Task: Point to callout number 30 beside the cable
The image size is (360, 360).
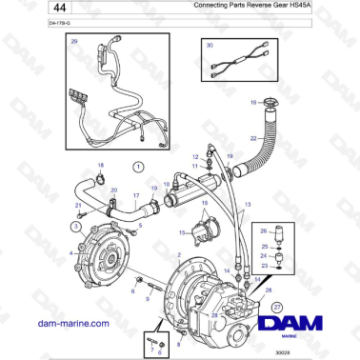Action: [x=210, y=46]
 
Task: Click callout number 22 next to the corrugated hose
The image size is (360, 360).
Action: [x=253, y=139]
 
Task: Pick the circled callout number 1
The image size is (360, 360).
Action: [x=136, y=166]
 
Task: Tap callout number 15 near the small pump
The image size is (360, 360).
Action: [x=184, y=231]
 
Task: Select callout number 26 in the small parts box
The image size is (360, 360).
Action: [x=264, y=230]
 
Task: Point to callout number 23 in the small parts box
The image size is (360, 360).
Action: [x=264, y=266]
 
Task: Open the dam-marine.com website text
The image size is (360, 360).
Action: [x=73, y=323]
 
